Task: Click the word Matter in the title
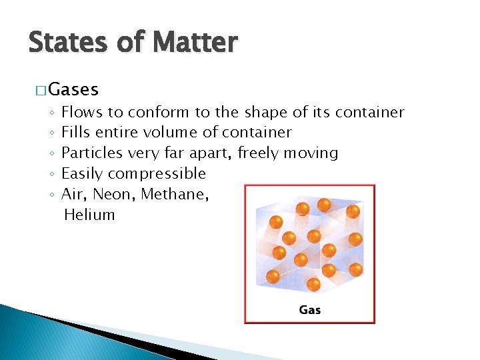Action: (x=194, y=43)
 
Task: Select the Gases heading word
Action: (x=73, y=89)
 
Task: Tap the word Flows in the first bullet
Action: (x=79, y=112)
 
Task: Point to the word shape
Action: (x=266, y=112)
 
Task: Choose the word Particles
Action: (x=92, y=153)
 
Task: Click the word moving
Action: (x=311, y=153)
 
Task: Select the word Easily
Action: (x=82, y=174)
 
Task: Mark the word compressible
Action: (x=157, y=174)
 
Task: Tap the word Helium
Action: (x=89, y=215)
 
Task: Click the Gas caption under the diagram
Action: (x=310, y=309)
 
